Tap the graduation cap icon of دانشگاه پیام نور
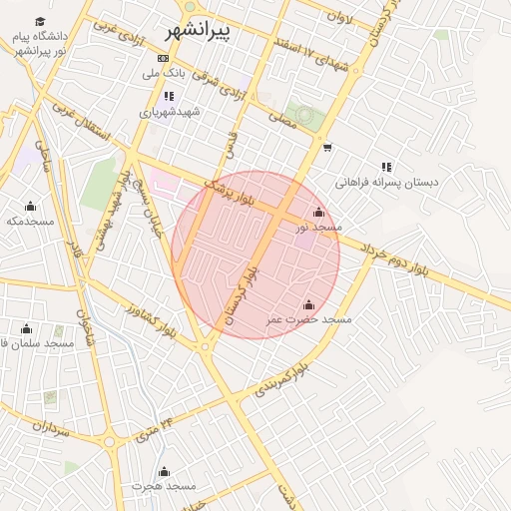coord(40,22)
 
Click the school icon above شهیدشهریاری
coord(168,97)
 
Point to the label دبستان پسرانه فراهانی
coord(385,183)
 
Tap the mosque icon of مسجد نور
coord(318,213)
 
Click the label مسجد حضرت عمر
coord(308,319)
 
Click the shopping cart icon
coord(327,149)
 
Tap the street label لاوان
coord(339,17)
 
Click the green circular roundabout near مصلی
coord(303,116)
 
